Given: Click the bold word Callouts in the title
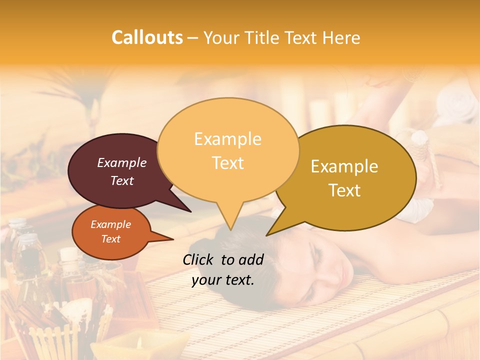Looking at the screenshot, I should tap(147, 37).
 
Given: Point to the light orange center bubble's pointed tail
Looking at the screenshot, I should tap(230, 220).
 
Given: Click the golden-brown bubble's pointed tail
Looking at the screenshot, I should tap(277, 227).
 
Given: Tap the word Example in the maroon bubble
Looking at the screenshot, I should tap(122, 162).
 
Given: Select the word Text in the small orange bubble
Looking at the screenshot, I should tap(111, 239).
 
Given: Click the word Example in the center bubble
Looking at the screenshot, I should tap(227, 139).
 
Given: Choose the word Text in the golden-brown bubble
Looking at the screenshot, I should tap(345, 190).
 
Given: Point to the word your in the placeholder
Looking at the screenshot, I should tap(206, 280).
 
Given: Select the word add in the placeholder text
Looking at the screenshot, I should tap(251, 259).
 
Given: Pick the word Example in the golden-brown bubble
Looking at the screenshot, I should tap(344, 166).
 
